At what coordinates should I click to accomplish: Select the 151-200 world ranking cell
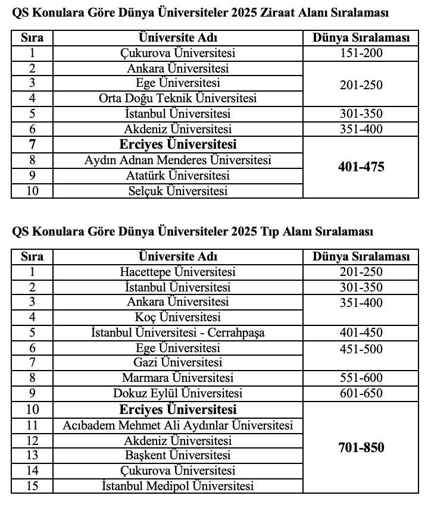(361, 53)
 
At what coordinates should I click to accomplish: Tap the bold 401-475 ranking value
(361, 167)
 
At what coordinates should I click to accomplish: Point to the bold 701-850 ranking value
(361, 447)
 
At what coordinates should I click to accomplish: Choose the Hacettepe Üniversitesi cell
(177, 272)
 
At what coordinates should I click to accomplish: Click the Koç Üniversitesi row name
(177, 317)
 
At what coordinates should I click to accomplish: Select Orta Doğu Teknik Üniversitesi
(177, 98)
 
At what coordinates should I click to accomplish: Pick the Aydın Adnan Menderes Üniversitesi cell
(177, 160)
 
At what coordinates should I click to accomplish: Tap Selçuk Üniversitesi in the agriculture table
(177, 191)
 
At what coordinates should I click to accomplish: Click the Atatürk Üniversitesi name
(177, 175)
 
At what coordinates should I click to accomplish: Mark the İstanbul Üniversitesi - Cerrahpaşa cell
(177, 333)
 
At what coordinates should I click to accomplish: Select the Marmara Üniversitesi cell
(177, 378)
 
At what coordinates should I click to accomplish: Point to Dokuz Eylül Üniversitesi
(177, 393)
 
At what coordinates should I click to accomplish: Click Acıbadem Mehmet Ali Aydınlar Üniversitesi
(177, 425)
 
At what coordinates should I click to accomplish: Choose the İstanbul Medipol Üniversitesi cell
(177, 486)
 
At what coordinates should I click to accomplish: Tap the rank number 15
(32, 486)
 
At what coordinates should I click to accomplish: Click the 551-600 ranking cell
(361, 378)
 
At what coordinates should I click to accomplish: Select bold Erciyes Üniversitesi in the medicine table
(177, 409)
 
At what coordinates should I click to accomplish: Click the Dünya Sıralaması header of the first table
(361, 38)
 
